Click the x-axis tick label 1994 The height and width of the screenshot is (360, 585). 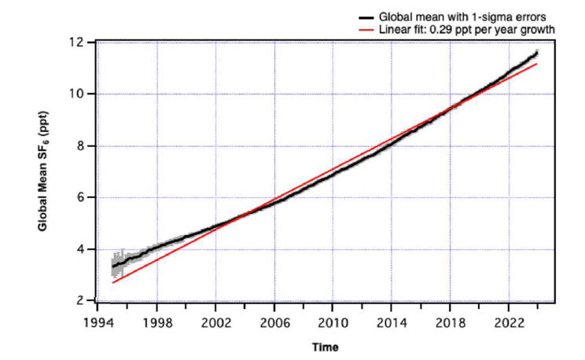(x=97, y=321)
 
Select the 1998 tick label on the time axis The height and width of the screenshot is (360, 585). (x=156, y=321)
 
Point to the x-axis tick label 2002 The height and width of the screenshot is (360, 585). (x=215, y=321)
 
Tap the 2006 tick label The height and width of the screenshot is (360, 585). (x=274, y=321)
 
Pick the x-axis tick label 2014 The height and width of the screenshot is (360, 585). (x=392, y=321)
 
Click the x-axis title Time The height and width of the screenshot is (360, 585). (x=325, y=346)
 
